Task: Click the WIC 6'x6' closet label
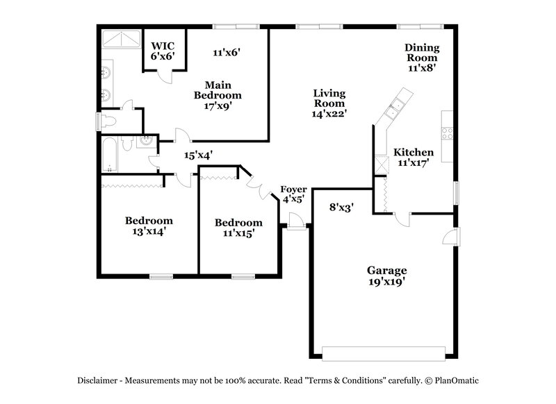[x=163, y=51]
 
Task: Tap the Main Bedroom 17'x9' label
[x=217, y=95]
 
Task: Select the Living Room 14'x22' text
[x=329, y=103]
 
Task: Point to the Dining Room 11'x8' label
[x=422, y=58]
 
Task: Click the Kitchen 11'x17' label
[x=414, y=157]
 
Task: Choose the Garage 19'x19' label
[x=386, y=276]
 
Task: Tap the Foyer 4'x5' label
[x=293, y=194]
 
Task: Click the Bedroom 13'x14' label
[x=149, y=226]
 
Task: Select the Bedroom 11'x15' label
[x=238, y=228]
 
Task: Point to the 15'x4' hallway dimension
[x=197, y=156]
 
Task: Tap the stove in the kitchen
[x=447, y=133]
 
